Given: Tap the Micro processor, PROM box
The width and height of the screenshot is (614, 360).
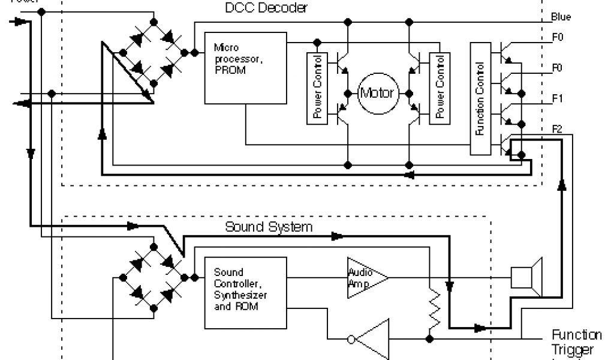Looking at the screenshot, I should coord(245,67).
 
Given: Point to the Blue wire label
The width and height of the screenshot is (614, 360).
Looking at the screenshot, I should coord(561,17).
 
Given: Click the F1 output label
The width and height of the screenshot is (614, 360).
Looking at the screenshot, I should coord(556,97).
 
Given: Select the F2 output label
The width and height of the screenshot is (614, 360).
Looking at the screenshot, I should coord(556,128).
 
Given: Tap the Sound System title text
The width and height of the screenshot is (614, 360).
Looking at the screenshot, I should coord(269,227).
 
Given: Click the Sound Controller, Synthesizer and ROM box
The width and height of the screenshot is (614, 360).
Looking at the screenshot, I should coord(245,293).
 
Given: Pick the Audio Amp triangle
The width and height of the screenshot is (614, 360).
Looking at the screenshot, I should coord(365,278).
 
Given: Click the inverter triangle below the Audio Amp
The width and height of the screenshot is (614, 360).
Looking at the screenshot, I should coord(372,338).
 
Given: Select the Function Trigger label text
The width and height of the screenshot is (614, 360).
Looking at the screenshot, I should coord(577,342).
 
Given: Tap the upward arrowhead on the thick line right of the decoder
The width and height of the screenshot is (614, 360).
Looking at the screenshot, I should coord(562,185).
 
